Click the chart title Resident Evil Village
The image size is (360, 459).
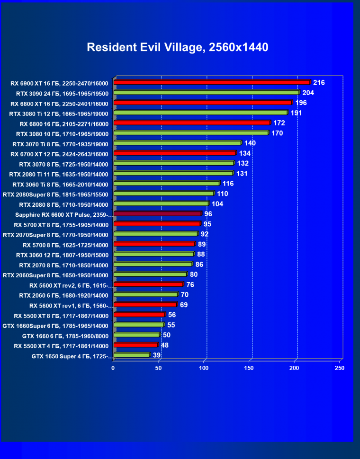(x=178, y=47)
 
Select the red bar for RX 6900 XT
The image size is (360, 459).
(x=212, y=82)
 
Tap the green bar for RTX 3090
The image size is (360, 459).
(x=207, y=93)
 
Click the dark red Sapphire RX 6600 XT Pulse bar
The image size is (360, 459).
(x=157, y=214)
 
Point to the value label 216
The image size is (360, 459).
(x=319, y=83)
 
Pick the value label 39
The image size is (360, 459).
(x=156, y=355)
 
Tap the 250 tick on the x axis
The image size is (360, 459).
(x=339, y=368)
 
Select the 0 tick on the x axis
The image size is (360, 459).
(x=113, y=368)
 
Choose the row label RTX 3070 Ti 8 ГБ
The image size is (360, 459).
(x=61, y=144)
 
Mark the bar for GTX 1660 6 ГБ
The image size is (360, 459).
(x=136, y=335)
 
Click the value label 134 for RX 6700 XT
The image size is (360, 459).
(x=244, y=153)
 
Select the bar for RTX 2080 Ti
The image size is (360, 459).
(x=173, y=174)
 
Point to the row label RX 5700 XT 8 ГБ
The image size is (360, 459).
(x=61, y=225)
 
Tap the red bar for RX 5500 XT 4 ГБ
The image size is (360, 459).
(x=135, y=345)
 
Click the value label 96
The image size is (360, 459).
(x=208, y=214)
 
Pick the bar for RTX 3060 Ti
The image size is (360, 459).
(x=166, y=184)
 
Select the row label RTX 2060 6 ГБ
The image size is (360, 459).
(x=64, y=295)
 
